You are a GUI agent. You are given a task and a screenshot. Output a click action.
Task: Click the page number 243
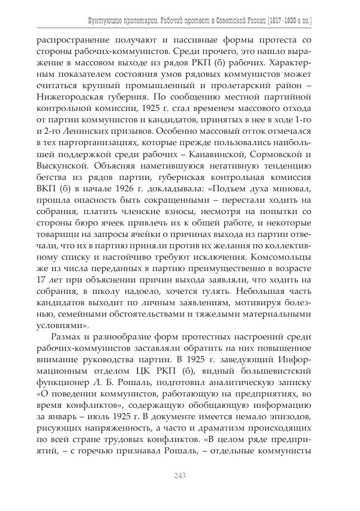(x=179, y=475)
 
